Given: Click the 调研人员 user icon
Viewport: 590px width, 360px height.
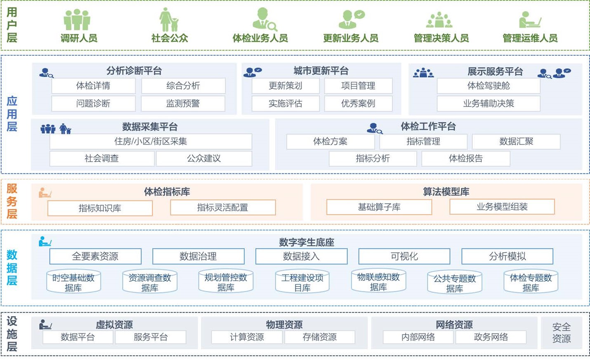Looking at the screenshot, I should pyautogui.click(x=77, y=19).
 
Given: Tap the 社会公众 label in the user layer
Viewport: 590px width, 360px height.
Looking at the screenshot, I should pyautogui.click(x=170, y=38).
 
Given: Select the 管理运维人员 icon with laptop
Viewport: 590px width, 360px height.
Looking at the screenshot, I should pyautogui.click(x=530, y=19).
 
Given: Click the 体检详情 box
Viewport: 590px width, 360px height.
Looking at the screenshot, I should pyautogui.click(x=93, y=86).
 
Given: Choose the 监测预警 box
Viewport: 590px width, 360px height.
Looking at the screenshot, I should pyautogui.click(x=183, y=104).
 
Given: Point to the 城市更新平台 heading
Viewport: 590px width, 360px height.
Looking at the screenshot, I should pyautogui.click(x=321, y=71).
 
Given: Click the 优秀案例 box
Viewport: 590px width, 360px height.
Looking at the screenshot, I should pyautogui.click(x=358, y=104).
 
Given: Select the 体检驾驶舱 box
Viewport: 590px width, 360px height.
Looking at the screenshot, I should pyautogui.click(x=488, y=86).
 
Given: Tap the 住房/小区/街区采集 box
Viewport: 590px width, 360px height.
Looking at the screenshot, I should pyautogui.click(x=151, y=142).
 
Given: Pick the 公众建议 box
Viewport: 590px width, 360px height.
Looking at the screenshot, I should pyautogui.click(x=204, y=159).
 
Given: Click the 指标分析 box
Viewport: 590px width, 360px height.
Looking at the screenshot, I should pyautogui.click(x=373, y=159).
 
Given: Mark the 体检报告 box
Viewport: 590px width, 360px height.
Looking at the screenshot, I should pyautogui.click(x=465, y=159).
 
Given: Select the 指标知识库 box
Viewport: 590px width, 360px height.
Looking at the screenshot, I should pyautogui.click(x=100, y=208).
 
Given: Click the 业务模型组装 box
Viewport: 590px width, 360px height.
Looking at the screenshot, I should pyautogui.click(x=502, y=207).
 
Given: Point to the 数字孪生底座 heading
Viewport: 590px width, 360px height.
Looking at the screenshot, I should pyautogui.click(x=306, y=242).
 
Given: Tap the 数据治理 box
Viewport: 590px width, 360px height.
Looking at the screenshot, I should pyautogui.click(x=198, y=256).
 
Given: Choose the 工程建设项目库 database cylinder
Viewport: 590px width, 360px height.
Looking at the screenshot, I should pyautogui.click(x=302, y=282).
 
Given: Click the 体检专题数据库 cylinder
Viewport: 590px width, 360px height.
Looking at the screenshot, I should pyautogui.click(x=531, y=282).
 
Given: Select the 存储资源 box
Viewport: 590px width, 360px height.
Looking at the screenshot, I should pyautogui.click(x=319, y=337).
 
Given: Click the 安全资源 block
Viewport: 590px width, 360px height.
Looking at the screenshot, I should pyautogui.click(x=561, y=333).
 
